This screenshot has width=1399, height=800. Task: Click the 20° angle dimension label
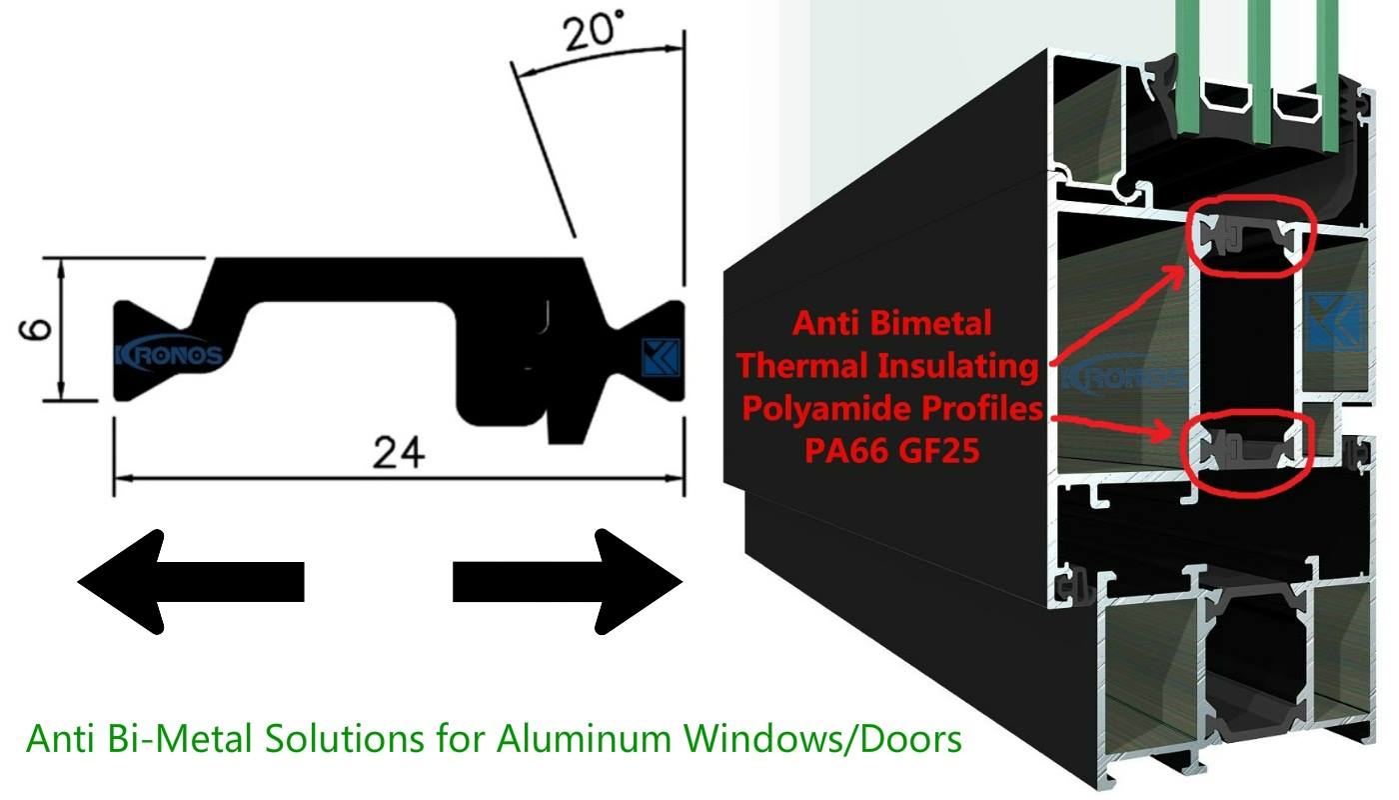[593, 31]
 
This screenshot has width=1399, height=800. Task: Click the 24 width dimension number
[399, 452]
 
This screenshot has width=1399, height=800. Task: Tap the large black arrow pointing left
[191, 582]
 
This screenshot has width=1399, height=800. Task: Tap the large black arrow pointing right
[568, 582]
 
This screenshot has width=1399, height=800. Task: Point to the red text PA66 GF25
[891, 450]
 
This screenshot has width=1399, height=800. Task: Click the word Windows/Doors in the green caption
[822, 739]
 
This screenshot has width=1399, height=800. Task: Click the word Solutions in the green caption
[345, 739]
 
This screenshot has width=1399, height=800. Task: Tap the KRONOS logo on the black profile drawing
[169, 356]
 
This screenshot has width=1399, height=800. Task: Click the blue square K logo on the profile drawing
[661, 358]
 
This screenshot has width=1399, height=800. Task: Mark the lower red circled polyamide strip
[1246, 450]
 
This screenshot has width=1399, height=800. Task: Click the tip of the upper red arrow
[1184, 267]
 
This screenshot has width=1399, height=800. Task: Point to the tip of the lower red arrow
[1170, 431]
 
